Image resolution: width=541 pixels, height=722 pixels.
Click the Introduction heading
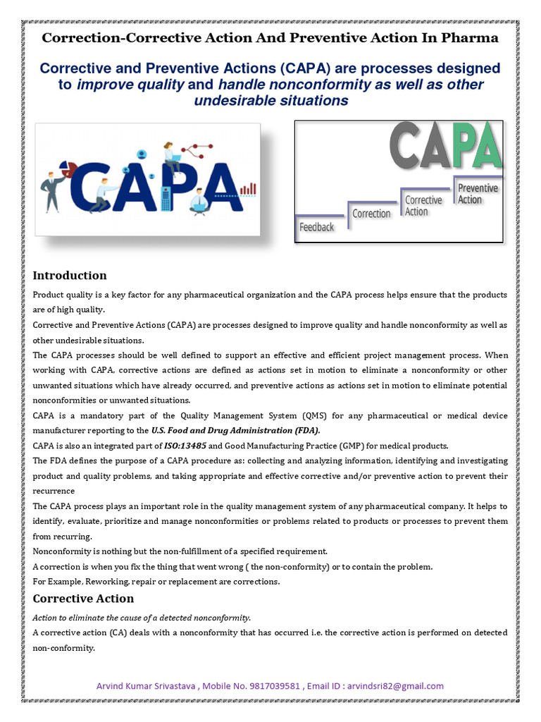coord(70,276)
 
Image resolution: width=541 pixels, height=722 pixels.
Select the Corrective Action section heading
coord(83,599)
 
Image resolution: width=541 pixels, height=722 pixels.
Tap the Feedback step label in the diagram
coord(316,227)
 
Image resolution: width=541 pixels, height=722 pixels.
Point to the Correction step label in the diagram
coord(371,214)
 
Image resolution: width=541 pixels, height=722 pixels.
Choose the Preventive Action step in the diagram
coord(477,194)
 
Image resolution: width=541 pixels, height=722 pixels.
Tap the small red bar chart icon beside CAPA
coord(248,189)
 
